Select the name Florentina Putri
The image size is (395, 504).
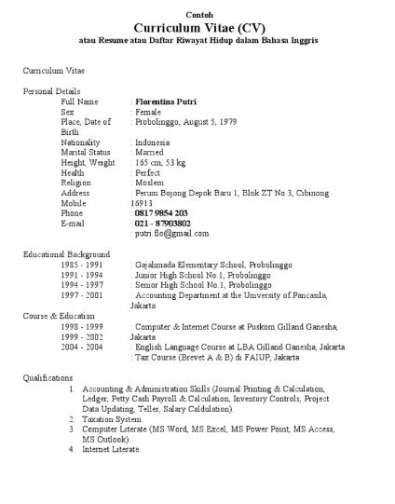172,100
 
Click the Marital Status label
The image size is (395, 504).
85,152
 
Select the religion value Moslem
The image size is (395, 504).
149,183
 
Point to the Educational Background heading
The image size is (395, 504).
65,253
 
